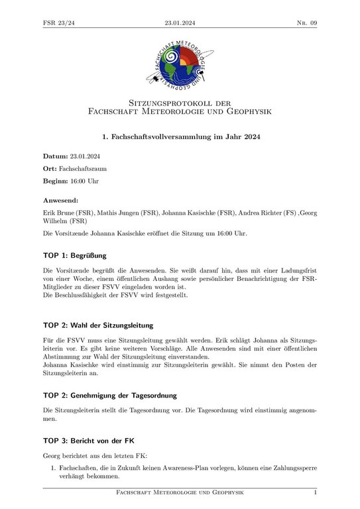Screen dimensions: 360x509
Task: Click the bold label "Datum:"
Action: tap(55, 156)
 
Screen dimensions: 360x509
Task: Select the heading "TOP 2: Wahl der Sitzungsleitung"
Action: tap(98, 325)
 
